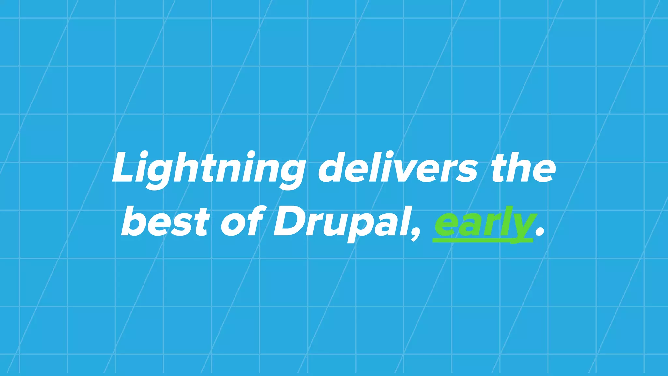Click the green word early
coord(485,224)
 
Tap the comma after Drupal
coord(416,234)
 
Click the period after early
coord(540,232)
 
